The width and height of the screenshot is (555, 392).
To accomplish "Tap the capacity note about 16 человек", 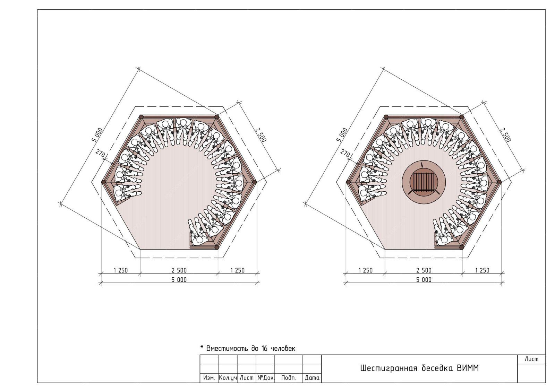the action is (248, 348).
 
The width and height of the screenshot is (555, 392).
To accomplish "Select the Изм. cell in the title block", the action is (209, 378).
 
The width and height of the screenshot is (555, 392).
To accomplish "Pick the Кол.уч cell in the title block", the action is (228, 378).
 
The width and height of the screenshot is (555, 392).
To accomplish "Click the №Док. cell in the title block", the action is (266, 378).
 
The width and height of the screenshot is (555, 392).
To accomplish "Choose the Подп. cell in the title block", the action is (289, 378).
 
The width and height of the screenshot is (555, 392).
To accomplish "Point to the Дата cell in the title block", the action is (312, 378).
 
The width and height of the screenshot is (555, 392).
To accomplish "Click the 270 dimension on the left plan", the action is (100, 154).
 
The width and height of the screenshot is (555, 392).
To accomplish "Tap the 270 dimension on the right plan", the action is (345, 154).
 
